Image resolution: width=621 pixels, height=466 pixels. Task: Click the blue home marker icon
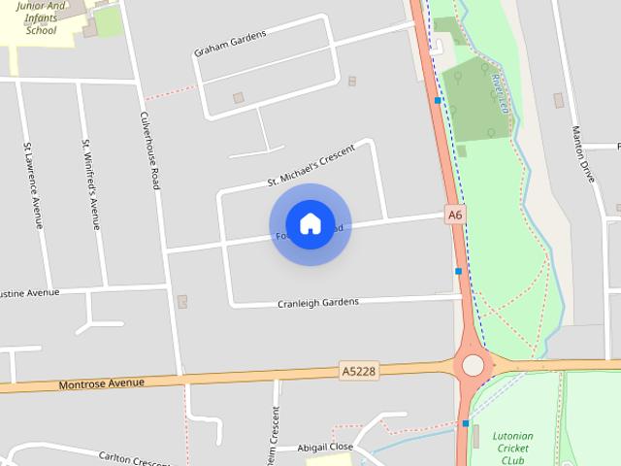coord(310,224)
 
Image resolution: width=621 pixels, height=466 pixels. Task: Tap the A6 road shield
coord(455,215)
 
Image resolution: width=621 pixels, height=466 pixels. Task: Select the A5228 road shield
coord(358,371)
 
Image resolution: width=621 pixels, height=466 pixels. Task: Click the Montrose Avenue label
coord(102,383)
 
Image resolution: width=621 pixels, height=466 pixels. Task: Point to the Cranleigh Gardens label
coord(317,302)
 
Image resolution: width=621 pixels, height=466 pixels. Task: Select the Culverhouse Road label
coord(149,150)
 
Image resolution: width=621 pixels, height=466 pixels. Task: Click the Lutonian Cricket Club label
coord(512,448)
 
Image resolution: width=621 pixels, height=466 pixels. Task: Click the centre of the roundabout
coord(473,365)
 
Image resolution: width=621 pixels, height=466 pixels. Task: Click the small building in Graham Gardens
coord(239,98)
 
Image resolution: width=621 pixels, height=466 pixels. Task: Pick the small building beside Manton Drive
coord(558,100)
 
